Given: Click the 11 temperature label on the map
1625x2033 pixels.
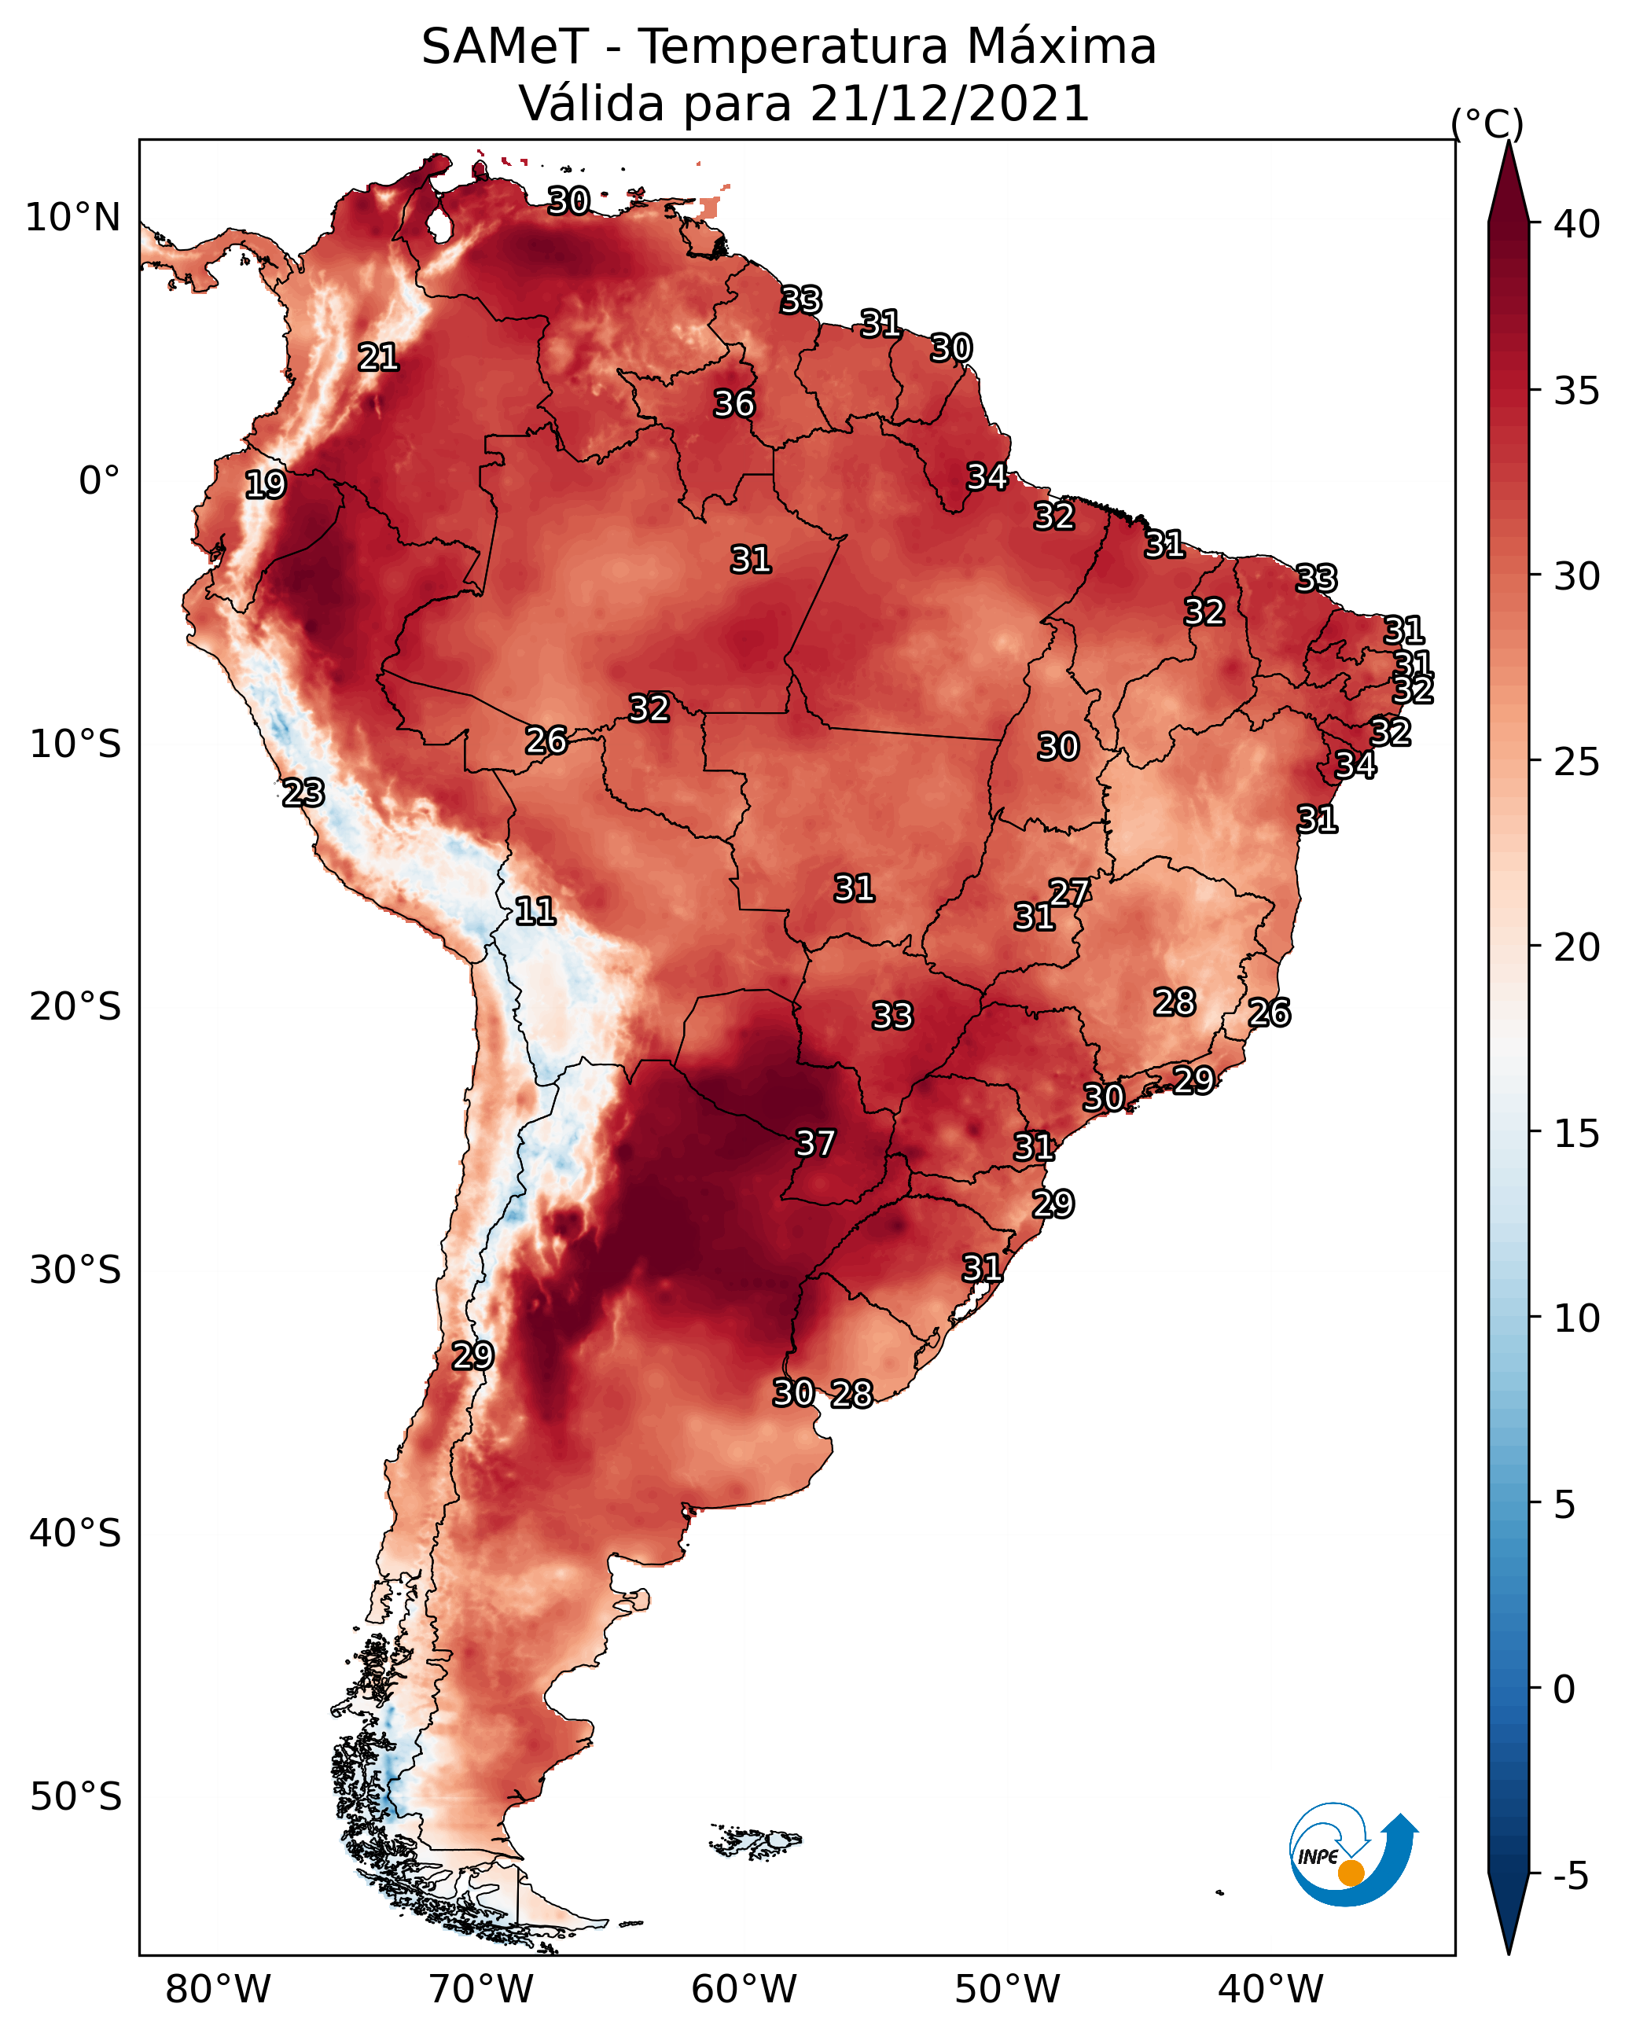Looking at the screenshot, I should tap(535, 911).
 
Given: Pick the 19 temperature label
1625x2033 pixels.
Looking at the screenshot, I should tap(265, 485).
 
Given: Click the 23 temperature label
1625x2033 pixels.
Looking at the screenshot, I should tap(303, 792).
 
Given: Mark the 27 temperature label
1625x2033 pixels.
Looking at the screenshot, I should tap(1069, 892).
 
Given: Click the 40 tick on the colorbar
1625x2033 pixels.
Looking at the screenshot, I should tap(1577, 224).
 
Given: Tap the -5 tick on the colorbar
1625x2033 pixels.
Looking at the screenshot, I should tap(1570, 1877).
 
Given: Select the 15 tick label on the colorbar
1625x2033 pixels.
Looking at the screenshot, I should tap(1577, 1134).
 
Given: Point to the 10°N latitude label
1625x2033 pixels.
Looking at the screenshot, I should tap(72, 218).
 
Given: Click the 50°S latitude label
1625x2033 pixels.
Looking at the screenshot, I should tap(75, 1797).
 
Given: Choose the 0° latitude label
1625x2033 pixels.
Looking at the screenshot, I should tap(99, 481).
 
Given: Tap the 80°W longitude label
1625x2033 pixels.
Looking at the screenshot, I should tap(218, 1989).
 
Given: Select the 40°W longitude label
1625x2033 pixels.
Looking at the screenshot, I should tap(1270, 1989).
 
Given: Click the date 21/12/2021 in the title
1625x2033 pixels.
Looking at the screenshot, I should tap(950, 103).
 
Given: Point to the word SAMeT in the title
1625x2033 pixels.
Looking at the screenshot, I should tap(505, 46).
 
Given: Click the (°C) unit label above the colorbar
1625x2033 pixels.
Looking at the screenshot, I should tap(1487, 123).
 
